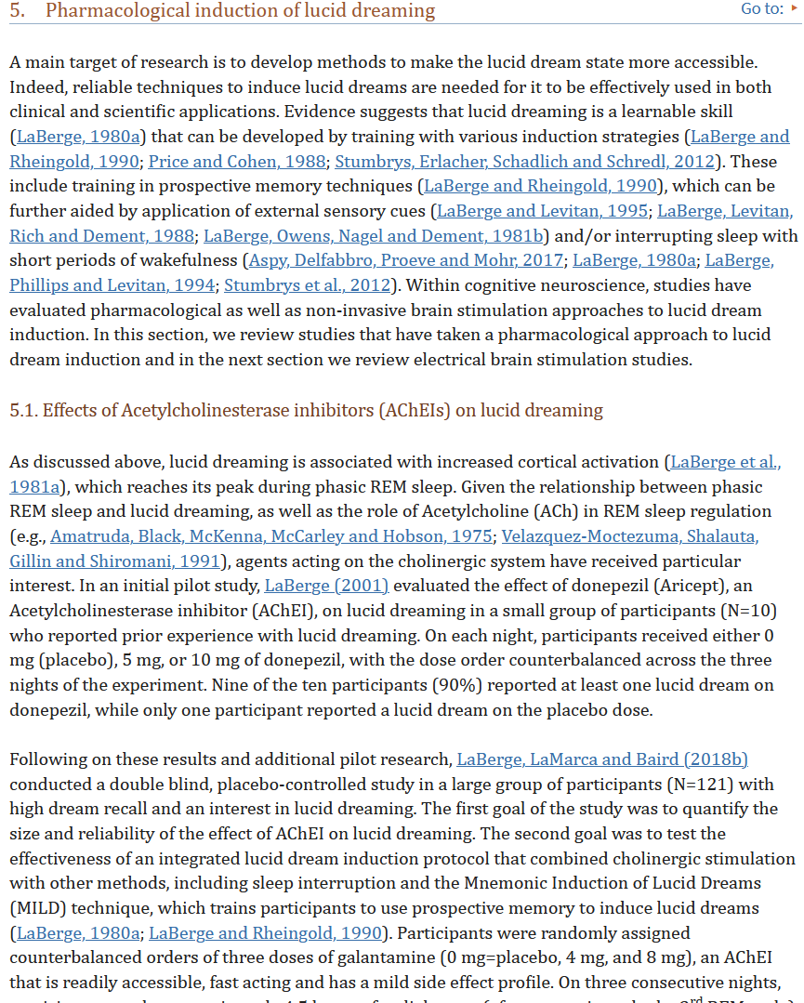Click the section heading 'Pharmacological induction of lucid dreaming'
[240, 11]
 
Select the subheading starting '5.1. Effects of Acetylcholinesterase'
[306, 410]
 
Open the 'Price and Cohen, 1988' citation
[236, 161]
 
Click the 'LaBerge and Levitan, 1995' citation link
[542, 211]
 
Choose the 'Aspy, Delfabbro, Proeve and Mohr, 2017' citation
[406, 260]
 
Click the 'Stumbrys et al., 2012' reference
[308, 285]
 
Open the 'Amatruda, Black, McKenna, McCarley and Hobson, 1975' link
[271, 536]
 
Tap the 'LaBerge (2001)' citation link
[326, 586]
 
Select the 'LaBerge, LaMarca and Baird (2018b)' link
[602, 759]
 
